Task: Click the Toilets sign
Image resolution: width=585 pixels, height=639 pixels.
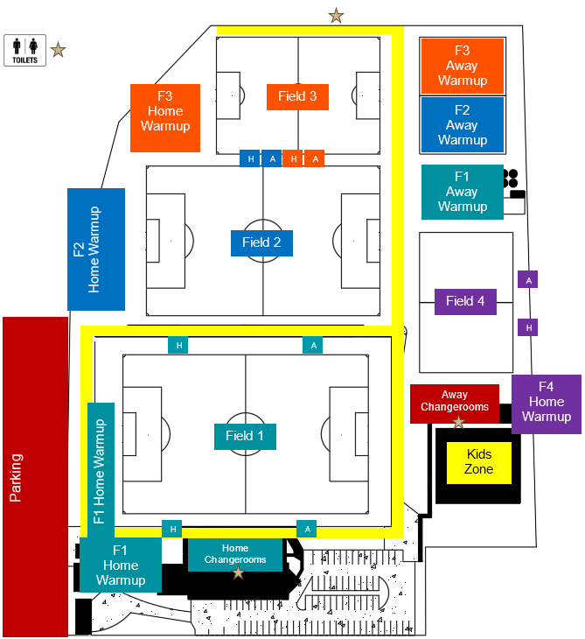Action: coord(24,50)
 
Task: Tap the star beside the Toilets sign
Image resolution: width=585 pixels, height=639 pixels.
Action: coord(58,50)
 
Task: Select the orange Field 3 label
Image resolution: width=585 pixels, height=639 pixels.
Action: coord(297,96)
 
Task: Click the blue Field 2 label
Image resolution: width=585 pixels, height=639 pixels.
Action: coord(261,242)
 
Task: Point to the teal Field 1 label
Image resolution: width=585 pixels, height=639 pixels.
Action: coord(245,436)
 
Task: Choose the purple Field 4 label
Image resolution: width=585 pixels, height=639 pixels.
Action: coord(465,301)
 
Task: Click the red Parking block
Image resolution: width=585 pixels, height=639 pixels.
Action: coord(35,477)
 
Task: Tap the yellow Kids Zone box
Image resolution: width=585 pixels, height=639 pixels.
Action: coord(478,462)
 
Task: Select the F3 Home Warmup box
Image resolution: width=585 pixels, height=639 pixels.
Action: coord(165,111)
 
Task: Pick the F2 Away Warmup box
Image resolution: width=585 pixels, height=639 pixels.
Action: coord(462,125)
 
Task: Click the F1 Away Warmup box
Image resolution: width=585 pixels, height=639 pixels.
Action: coord(462,192)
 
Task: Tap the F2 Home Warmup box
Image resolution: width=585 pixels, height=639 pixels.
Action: coord(96,249)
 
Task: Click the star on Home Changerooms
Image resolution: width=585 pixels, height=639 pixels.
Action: coord(238,572)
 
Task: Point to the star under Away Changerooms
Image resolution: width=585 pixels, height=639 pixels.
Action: coord(458,422)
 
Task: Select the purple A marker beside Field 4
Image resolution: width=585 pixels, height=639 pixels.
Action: coord(528,280)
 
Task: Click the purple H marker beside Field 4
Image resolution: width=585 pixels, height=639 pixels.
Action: coord(528,327)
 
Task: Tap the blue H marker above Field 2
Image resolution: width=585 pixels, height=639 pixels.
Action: coord(250,158)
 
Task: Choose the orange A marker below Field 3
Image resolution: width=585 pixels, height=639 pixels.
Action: coord(315,158)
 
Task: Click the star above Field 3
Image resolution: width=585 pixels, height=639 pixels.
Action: coord(336,15)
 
